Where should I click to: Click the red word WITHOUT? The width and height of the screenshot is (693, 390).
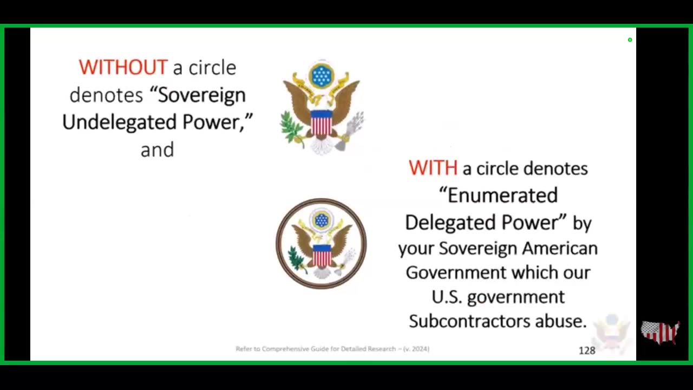[123, 67]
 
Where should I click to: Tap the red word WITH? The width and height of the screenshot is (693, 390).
[433, 168]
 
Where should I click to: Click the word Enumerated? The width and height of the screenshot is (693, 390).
[503, 196]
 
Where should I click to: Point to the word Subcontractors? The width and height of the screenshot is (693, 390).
[469, 321]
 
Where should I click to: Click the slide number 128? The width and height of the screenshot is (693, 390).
[587, 350]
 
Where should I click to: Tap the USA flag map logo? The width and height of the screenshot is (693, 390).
[660, 333]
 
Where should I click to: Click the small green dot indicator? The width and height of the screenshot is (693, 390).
[630, 40]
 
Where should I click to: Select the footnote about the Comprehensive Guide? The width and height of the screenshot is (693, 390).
[332, 349]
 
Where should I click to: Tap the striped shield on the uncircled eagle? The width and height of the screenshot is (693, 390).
[322, 123]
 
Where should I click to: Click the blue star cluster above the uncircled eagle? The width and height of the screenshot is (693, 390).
[322, 75]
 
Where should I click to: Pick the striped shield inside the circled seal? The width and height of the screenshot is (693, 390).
[322, 255]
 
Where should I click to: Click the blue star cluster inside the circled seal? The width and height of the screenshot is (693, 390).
[322, 220]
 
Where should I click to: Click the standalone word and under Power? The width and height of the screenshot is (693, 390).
[157, 150]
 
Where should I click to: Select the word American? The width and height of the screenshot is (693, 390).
[560, 248]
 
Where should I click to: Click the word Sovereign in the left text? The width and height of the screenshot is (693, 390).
[202, 95]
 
